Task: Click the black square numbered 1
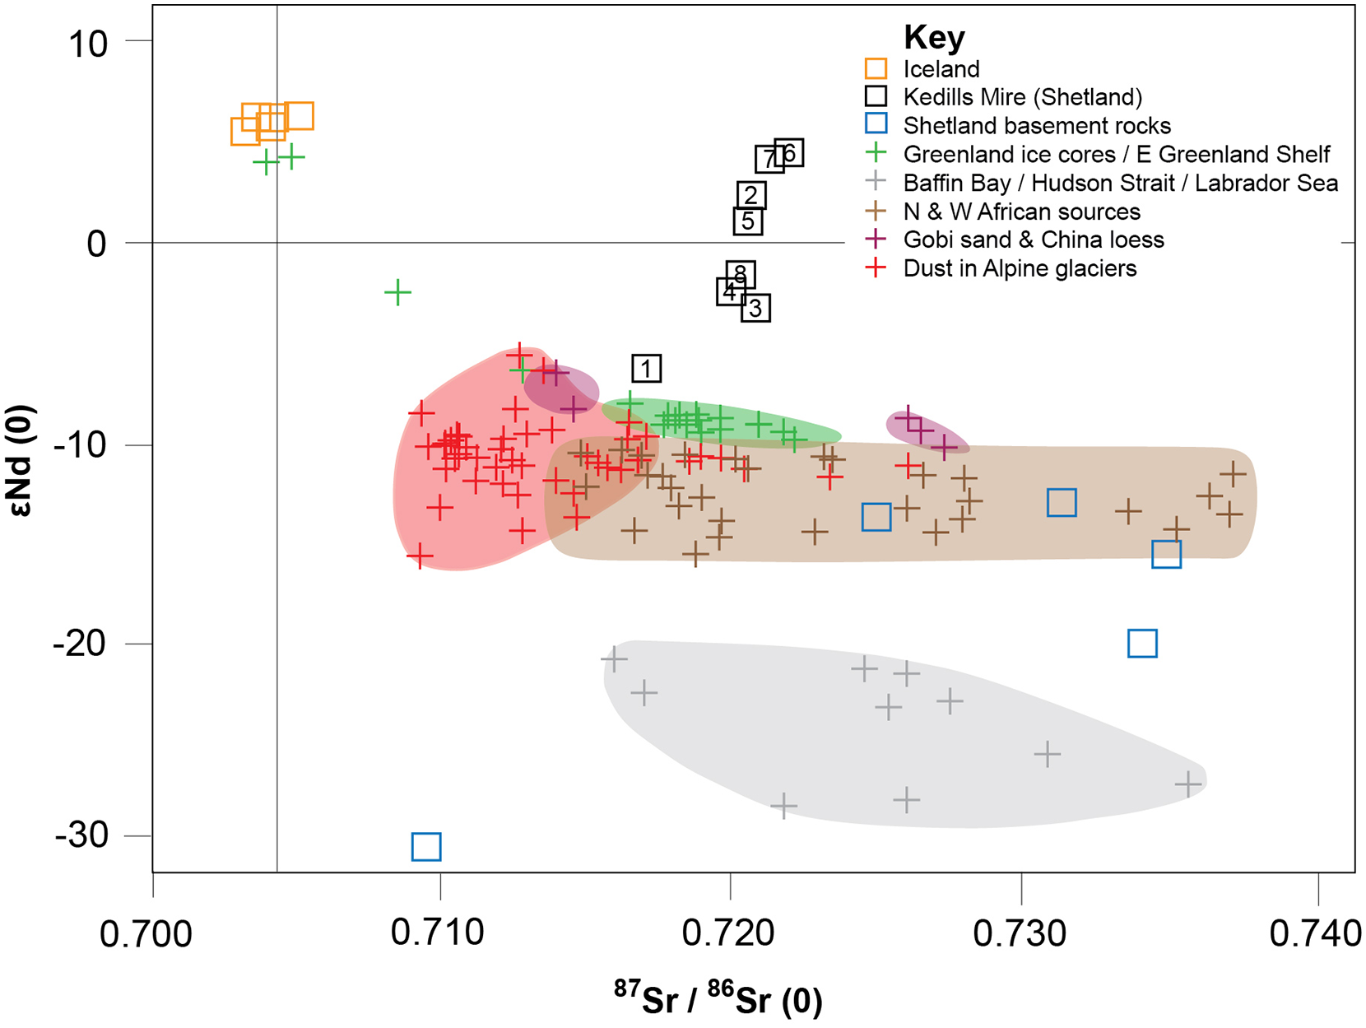pos(646,369)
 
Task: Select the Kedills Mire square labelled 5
pos(748,221)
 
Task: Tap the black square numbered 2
pos(751,195)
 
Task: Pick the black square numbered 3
pos(755,308)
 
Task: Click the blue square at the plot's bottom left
pos(426,846)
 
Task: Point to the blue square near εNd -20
pos(1143,644)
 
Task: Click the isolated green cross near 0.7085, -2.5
pos(397,292)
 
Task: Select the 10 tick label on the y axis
pos(88,44)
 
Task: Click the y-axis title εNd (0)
pos(21,460)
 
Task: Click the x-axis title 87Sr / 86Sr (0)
pos(718,998)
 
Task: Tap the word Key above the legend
pos(934,37)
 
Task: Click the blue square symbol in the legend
pos(876,123)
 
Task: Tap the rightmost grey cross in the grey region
pos(1188,784)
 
